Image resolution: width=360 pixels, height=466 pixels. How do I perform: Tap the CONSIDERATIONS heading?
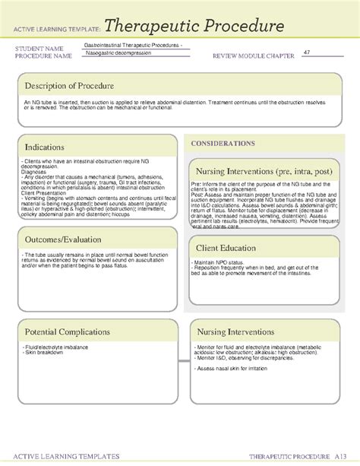coord(223,143)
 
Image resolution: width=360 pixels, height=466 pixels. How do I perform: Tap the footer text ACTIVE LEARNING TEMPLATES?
coord(63,456)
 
